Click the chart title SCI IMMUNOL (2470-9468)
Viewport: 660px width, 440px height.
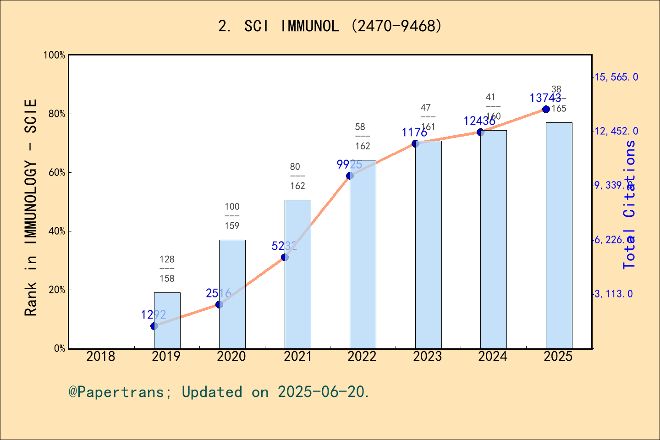[330, 26]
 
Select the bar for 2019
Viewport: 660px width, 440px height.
[167, 321]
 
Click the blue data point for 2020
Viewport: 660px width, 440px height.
[219, 304]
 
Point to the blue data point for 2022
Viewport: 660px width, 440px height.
[350, 176]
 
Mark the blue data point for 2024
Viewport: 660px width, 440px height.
[480, 132]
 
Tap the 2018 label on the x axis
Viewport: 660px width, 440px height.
[101, 356]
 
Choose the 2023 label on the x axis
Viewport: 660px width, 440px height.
[427, 356]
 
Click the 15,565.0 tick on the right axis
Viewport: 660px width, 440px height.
[616, 77]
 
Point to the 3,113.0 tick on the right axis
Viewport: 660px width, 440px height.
[613, 294]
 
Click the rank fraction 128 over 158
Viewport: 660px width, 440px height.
[167, 269]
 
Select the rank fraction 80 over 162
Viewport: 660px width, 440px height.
[297, 176]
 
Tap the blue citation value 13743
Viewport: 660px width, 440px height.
[545, 98]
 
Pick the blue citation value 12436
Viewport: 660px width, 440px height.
[479, 121]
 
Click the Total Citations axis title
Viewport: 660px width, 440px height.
[630, 204]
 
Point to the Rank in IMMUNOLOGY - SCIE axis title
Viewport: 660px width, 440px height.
[31, 207]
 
